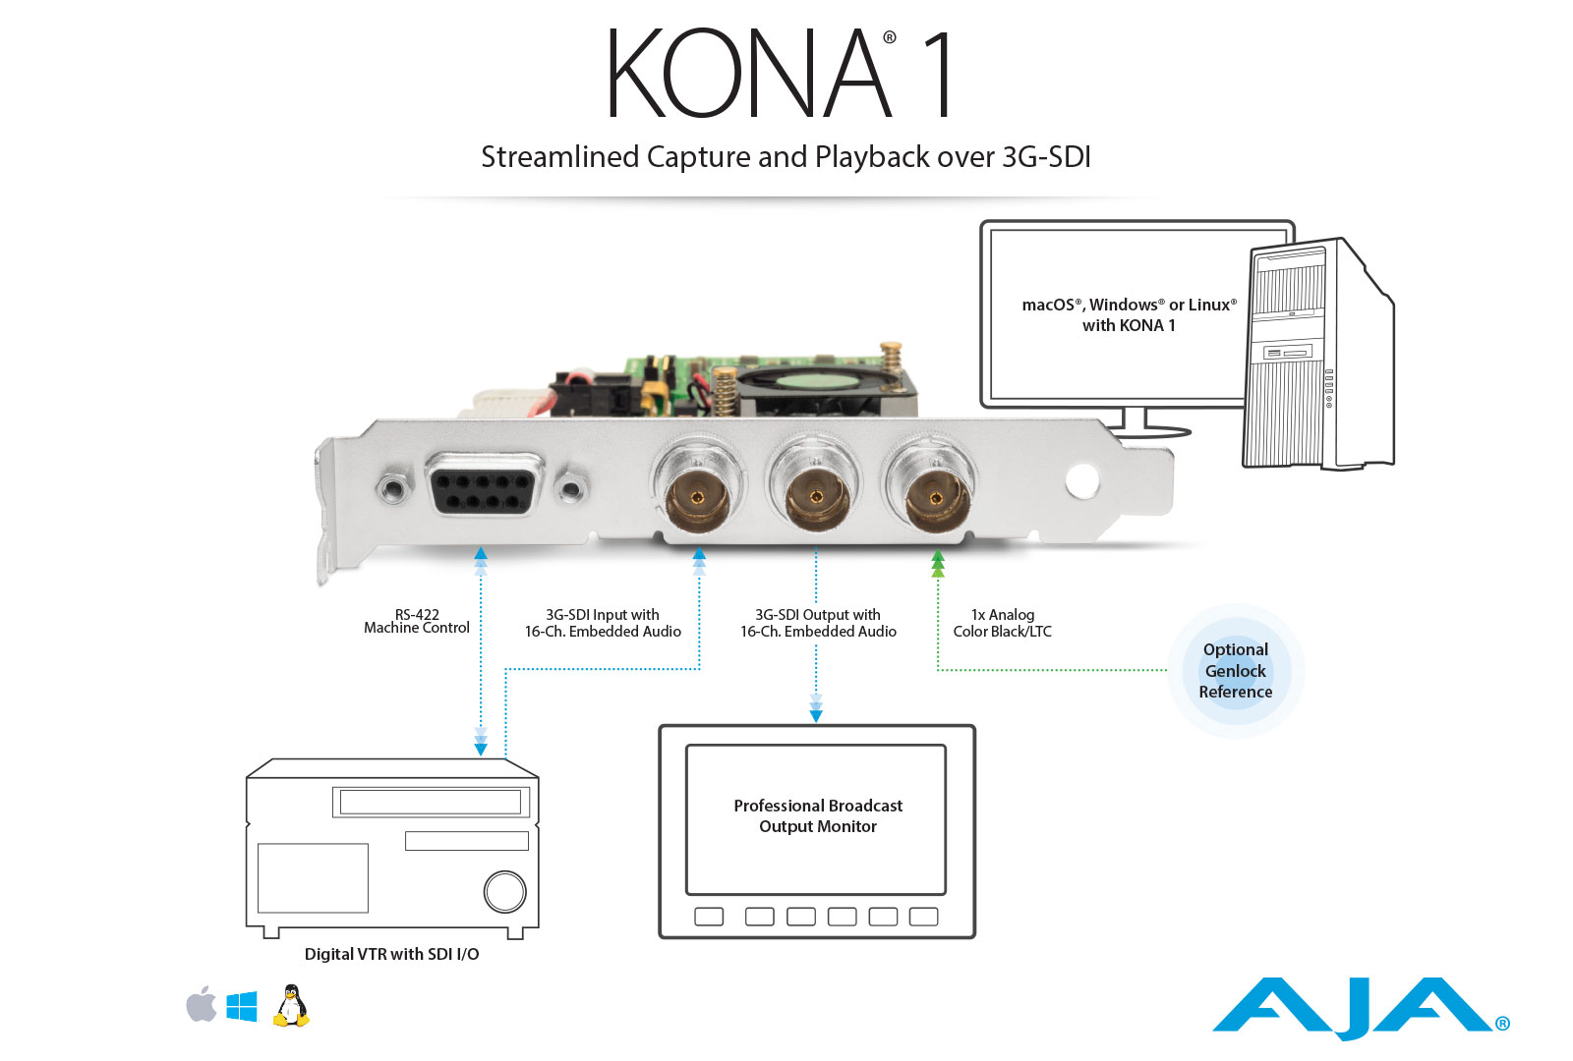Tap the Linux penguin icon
click(x=291, y=1006)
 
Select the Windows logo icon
click(x=242, y=1006)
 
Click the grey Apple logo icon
click(x=201, y=1004)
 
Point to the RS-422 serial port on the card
click(x=484, y=484)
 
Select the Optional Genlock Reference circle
click(x=1235, y=671)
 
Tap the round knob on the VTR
click(x=505, y=891)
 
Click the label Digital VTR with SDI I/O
click(x=392, y=954)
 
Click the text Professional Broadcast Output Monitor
click(x=817, y=815)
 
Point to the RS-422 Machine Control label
click(x=417, y=621)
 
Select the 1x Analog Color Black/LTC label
click(x=1002, y=623)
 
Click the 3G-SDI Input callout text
click(x=603, y=623)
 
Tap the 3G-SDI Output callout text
click(x=818, y=623)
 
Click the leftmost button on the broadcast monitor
click(x=709, y=917)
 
